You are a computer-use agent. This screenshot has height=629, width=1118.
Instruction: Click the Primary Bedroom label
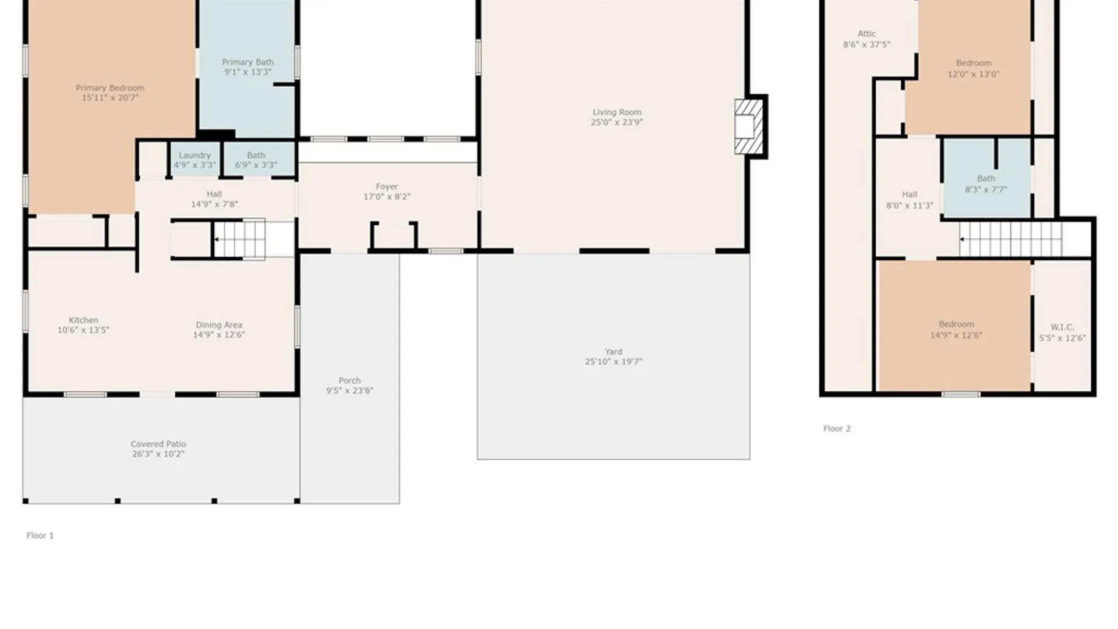110,88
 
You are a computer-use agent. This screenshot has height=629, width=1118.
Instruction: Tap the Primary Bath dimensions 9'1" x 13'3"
247,72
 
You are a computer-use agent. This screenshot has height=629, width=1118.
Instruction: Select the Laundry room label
194,156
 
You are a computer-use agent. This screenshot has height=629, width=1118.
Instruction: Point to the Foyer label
387,187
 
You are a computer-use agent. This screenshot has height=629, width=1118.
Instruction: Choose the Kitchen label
83,320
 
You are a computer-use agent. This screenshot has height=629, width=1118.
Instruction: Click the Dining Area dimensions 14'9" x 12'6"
219,335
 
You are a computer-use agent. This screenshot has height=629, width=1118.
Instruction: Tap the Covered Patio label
158,444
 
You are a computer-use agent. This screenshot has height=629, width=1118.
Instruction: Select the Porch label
349,380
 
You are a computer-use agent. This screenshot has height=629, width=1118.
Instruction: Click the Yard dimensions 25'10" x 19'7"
613,362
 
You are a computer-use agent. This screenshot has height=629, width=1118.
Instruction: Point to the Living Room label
617,112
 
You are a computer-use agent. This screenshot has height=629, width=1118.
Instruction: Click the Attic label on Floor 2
866,34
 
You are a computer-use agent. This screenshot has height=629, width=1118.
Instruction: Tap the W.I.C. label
1062,327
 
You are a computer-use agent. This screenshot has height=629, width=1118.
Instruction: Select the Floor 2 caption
837,429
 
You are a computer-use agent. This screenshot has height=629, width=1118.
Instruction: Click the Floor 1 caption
40,536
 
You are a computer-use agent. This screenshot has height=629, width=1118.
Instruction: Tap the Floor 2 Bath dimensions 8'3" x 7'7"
985,189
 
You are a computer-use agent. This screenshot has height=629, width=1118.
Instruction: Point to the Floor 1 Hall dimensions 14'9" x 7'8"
214,204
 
